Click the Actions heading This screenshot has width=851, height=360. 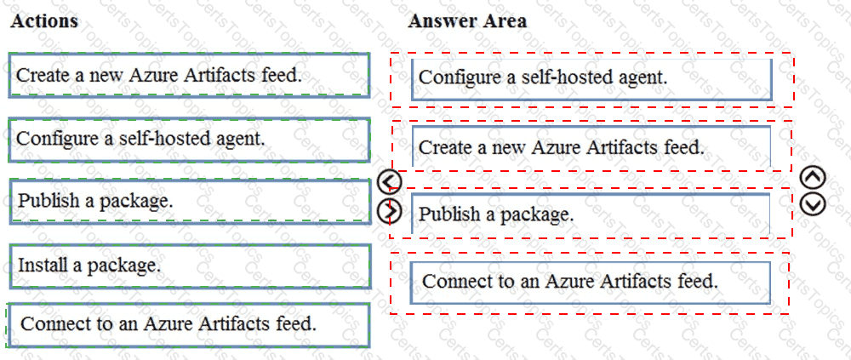44,21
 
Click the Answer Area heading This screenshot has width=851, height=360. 467,21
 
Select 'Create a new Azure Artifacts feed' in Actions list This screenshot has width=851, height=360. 190,75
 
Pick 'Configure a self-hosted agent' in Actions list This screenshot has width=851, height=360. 190,140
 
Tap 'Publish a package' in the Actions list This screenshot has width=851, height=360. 190,201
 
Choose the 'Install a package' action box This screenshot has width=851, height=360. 190,266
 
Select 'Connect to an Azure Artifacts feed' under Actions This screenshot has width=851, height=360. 190,325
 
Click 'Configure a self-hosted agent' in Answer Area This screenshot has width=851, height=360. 591,79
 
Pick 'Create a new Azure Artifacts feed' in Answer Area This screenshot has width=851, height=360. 591,146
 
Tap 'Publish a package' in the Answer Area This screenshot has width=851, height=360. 591,214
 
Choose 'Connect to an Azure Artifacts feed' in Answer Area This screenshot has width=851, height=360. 590,282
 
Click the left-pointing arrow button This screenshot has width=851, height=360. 390,182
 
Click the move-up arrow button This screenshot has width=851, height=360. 813,177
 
